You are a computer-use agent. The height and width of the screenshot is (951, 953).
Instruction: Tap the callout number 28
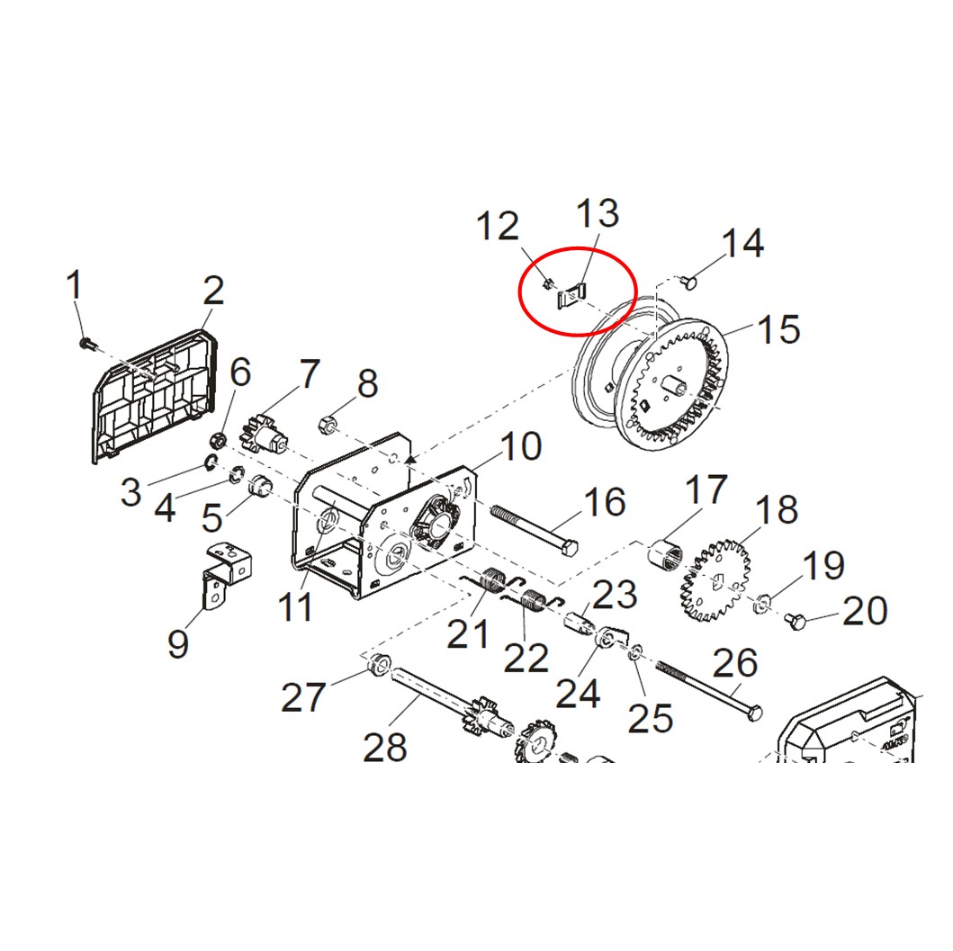pos(385,747)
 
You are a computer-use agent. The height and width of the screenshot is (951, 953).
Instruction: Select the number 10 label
pos(521,446)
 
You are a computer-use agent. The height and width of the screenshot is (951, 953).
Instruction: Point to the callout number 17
pos(706,489)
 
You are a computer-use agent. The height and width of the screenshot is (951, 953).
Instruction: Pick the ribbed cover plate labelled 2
pos(155,396)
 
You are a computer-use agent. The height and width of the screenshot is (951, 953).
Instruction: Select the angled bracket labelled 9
pos(226,574)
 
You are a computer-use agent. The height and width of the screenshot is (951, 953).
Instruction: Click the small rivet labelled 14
pos(688,282)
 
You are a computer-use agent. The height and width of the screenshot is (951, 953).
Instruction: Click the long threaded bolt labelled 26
pos(708,691)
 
